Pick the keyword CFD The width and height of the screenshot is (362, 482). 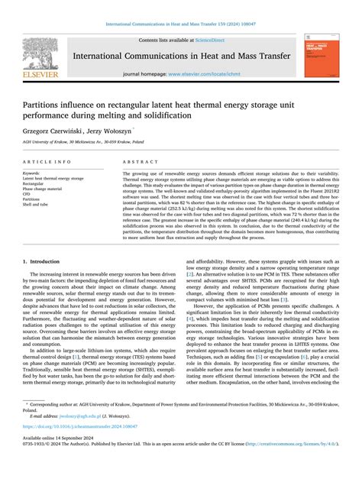28,194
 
